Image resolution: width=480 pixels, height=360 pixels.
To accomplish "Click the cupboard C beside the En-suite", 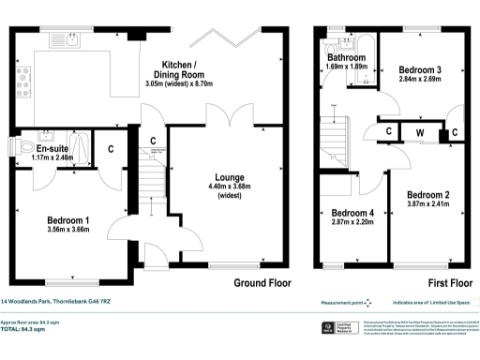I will pyautogui.click(x=111, y=147).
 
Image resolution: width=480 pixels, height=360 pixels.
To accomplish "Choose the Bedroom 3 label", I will pyautogui.click(x=419, y=69).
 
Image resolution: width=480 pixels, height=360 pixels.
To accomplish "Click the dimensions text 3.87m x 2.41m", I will pyautogui.click(x=427, y=203).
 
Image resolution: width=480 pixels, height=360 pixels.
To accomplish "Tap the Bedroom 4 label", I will pyautogui.click(x=352, y=212).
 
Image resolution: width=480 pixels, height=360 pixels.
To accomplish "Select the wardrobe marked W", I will pyautogui.click(x=420, y=131).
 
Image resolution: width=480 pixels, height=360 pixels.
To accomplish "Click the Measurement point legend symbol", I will pyautogui.click(x=367, y=302).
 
